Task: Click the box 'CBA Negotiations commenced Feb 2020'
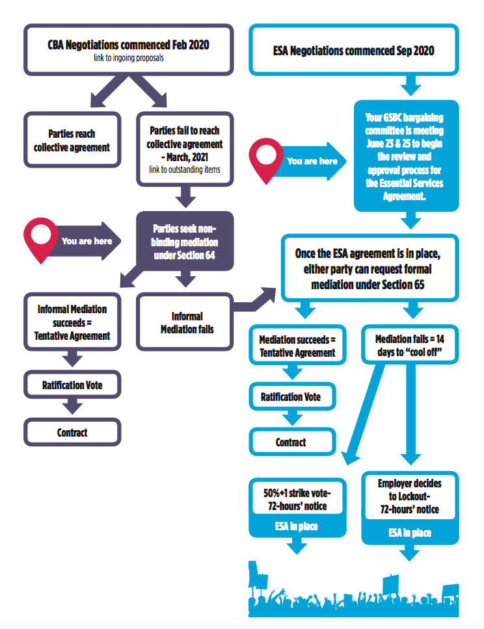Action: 128,49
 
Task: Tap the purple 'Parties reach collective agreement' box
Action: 72,140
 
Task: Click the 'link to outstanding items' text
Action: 184,170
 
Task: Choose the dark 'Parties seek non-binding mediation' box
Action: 184,241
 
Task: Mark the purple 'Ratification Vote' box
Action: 72,385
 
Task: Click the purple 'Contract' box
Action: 72,433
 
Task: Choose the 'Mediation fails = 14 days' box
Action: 409,346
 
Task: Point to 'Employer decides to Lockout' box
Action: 409,496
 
